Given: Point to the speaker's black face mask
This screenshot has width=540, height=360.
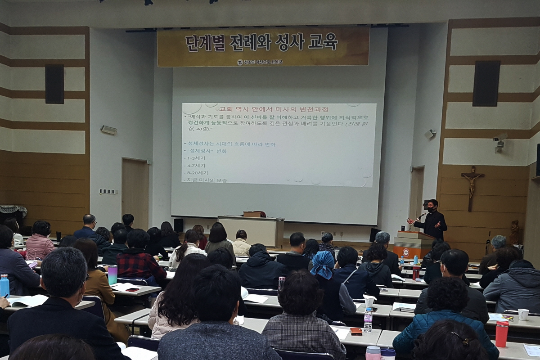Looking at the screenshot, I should point(431,210).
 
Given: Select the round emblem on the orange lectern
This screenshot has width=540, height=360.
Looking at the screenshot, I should point(406,252).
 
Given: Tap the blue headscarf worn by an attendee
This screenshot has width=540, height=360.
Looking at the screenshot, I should point(322,264).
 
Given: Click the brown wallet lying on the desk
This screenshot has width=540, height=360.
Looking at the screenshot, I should point(356,331).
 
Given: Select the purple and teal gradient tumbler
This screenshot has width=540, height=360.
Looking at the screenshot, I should point(112,274).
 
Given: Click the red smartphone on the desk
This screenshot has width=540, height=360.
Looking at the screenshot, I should point(132,289).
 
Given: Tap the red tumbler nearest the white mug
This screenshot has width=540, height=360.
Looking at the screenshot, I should point(501,333).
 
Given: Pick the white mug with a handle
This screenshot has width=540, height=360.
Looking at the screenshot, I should point(523,314).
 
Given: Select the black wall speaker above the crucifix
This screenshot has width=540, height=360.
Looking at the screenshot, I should point(486,83).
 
